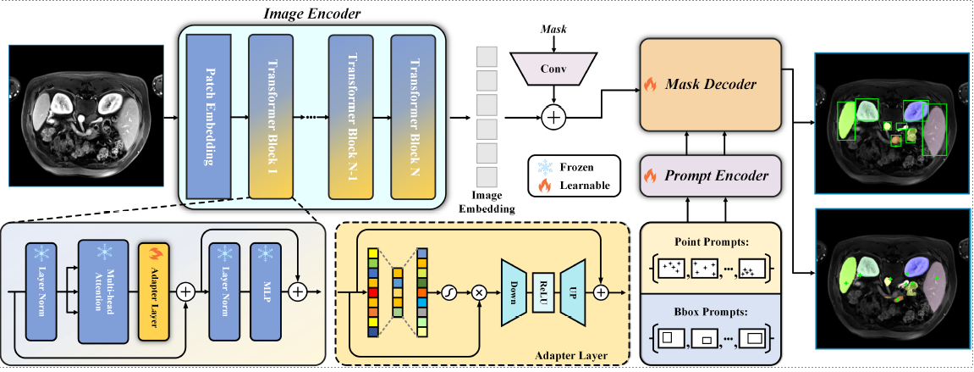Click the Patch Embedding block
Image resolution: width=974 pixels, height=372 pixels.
[209, 116]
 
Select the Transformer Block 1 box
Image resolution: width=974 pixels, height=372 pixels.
[270, 116]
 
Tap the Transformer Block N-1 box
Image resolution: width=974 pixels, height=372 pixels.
[351, 116]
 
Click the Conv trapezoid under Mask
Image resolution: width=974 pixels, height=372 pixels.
[552, 69]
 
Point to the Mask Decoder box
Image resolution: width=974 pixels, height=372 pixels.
[709, 85]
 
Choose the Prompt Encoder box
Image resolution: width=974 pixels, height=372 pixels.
[709, 176]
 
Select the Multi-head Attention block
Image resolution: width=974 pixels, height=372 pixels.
[103, 291]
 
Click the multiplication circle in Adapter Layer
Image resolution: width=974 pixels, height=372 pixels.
[479, 291]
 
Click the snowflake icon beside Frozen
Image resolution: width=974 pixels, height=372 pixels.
[546, 167]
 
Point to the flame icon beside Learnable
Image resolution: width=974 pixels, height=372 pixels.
[546, 185]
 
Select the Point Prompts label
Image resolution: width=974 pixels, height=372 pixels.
[709, 241]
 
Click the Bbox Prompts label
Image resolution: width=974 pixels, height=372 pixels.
[709, 312]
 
